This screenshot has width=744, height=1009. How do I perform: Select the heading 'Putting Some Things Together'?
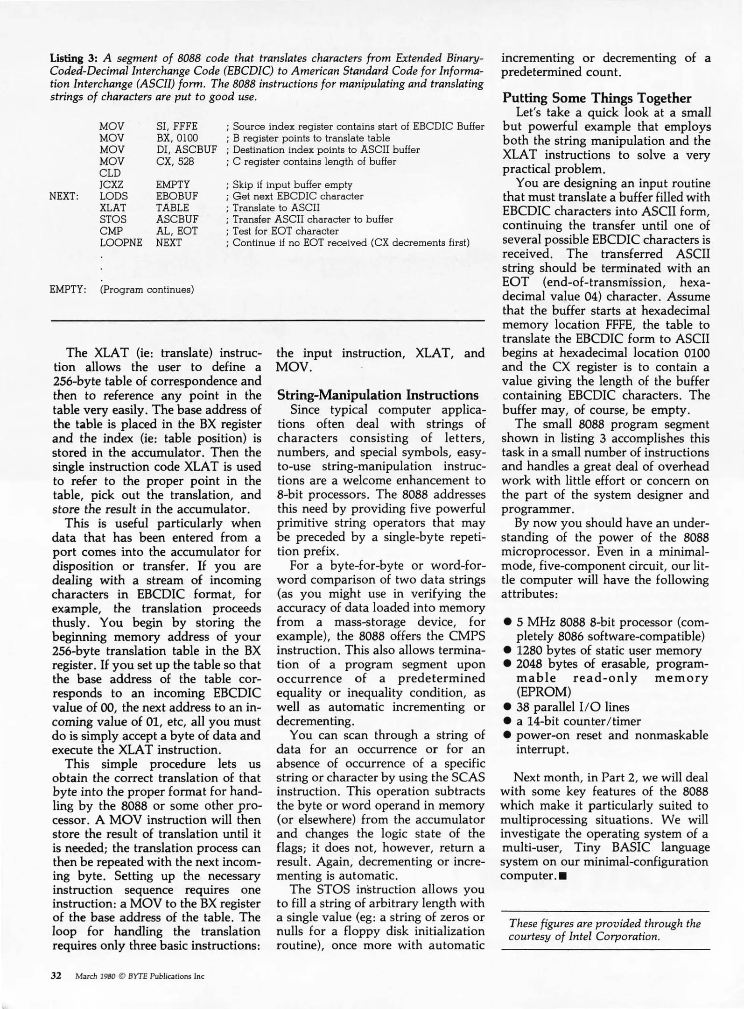(597, 98)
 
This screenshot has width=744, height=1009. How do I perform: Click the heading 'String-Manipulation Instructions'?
(378, 395)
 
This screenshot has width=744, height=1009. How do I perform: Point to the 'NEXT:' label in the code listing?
(64, 196)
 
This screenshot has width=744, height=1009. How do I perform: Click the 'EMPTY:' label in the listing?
(68, 289)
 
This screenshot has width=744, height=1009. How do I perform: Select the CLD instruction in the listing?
(110, 173)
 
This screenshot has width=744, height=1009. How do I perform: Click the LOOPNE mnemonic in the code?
(120, 243)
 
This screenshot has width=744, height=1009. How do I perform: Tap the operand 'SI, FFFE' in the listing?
(177, 127)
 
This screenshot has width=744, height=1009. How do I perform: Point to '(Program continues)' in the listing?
(147, 289)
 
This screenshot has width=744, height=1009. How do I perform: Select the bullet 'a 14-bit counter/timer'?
(578, 721)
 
